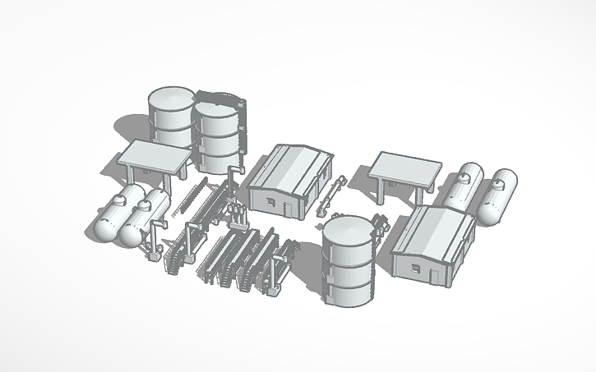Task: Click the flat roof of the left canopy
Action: coord(156,155)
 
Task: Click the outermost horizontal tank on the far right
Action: coord(500,197)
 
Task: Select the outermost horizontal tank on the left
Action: coord(112,215)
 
